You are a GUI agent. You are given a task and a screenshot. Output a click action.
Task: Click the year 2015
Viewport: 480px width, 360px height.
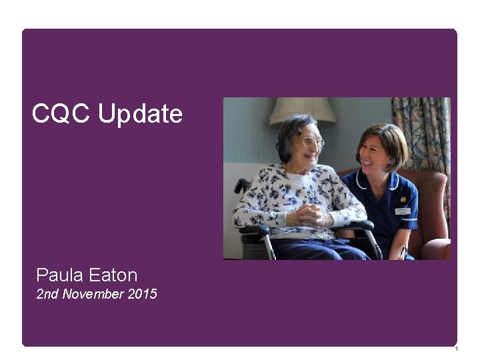click(141, 293)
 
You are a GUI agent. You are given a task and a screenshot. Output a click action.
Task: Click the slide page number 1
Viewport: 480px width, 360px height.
click(455, 349)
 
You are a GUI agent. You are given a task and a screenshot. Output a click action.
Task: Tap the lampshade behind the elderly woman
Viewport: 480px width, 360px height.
click(303, 111)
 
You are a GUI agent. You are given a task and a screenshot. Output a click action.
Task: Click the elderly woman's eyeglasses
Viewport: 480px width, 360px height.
click(311, 142)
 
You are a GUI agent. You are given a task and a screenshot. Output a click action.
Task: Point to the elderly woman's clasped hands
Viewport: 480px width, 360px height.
click(311, 215)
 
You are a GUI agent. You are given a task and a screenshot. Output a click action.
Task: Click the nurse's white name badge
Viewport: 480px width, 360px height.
click(403, 211)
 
